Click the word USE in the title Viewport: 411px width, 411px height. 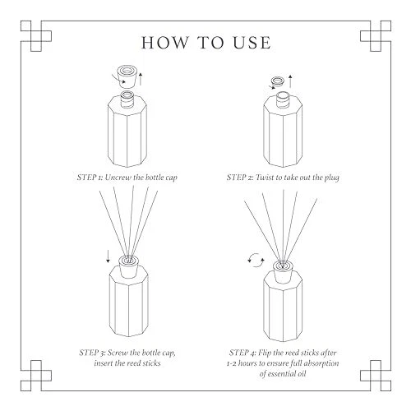coord(252,43)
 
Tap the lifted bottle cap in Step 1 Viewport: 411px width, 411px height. coord(127,76)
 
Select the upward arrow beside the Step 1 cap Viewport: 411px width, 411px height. coord(141,79)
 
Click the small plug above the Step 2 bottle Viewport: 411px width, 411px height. coord(277,82)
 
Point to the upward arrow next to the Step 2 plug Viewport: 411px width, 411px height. coord(290,81)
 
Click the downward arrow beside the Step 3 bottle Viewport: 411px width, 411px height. coord(108,256)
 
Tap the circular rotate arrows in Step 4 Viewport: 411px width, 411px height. coord(256,260)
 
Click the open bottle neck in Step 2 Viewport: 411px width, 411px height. coord(283,99)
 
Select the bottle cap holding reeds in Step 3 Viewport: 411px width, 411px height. coord(128,266)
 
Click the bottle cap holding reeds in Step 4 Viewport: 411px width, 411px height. coord(283,272)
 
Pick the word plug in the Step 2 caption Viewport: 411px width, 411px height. coord(332,178)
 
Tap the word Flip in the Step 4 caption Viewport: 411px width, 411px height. coord(264,353)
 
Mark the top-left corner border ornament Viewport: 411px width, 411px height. coord(36,36)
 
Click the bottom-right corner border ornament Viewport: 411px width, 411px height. coord(376,376)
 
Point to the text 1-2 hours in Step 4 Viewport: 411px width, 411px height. coord(242,363)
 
